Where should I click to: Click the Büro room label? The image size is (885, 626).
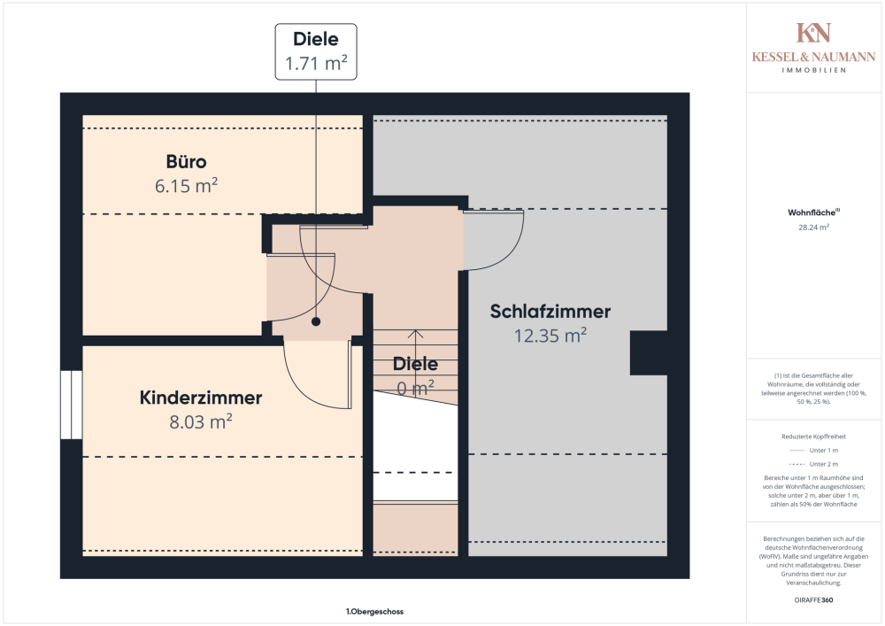coord(186,162)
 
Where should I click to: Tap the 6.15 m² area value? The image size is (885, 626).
coord(186,186)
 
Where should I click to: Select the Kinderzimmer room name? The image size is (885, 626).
coord(201,398)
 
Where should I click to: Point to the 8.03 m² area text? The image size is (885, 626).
coord(201,421)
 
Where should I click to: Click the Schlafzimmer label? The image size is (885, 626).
coord(550,312)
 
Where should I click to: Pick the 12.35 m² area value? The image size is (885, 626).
coord(550,336)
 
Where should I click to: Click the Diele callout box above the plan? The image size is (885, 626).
coord(316,51)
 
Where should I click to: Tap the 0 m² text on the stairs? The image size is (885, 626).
coord(415,387)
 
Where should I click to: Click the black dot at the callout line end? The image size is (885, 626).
coord(315,323)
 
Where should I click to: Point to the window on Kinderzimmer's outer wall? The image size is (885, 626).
coord(71,405)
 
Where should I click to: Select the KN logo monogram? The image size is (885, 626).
coord(813,33)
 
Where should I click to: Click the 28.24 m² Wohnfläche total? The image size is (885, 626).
coord(813,227)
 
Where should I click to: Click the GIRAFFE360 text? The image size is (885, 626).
coord(813,599)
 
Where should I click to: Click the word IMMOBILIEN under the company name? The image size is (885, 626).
coord(813,70)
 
